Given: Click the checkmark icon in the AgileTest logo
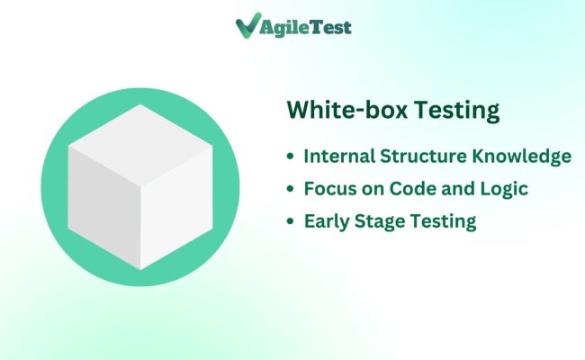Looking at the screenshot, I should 246,27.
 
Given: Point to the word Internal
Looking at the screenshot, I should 337,156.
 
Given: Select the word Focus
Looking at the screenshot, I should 328,189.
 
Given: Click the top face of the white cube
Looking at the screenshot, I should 140,135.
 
